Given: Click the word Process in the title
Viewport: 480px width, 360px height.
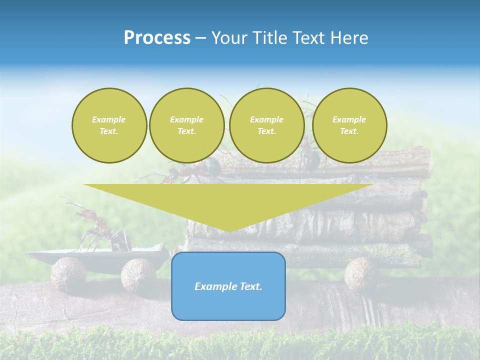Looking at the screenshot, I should tap(156, 38).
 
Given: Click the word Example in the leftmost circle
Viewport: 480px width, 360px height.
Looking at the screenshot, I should tap(109, 119).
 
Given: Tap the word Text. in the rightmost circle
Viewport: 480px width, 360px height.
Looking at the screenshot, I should tap(349, 131).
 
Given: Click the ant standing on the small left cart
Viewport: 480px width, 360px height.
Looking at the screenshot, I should tap(95, 228).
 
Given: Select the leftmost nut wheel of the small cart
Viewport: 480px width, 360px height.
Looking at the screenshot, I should tap(68, 273).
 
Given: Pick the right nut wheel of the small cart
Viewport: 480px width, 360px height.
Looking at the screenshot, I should tap(138, 274).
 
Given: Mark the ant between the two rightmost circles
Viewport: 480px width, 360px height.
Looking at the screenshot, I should tap(309, 157).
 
